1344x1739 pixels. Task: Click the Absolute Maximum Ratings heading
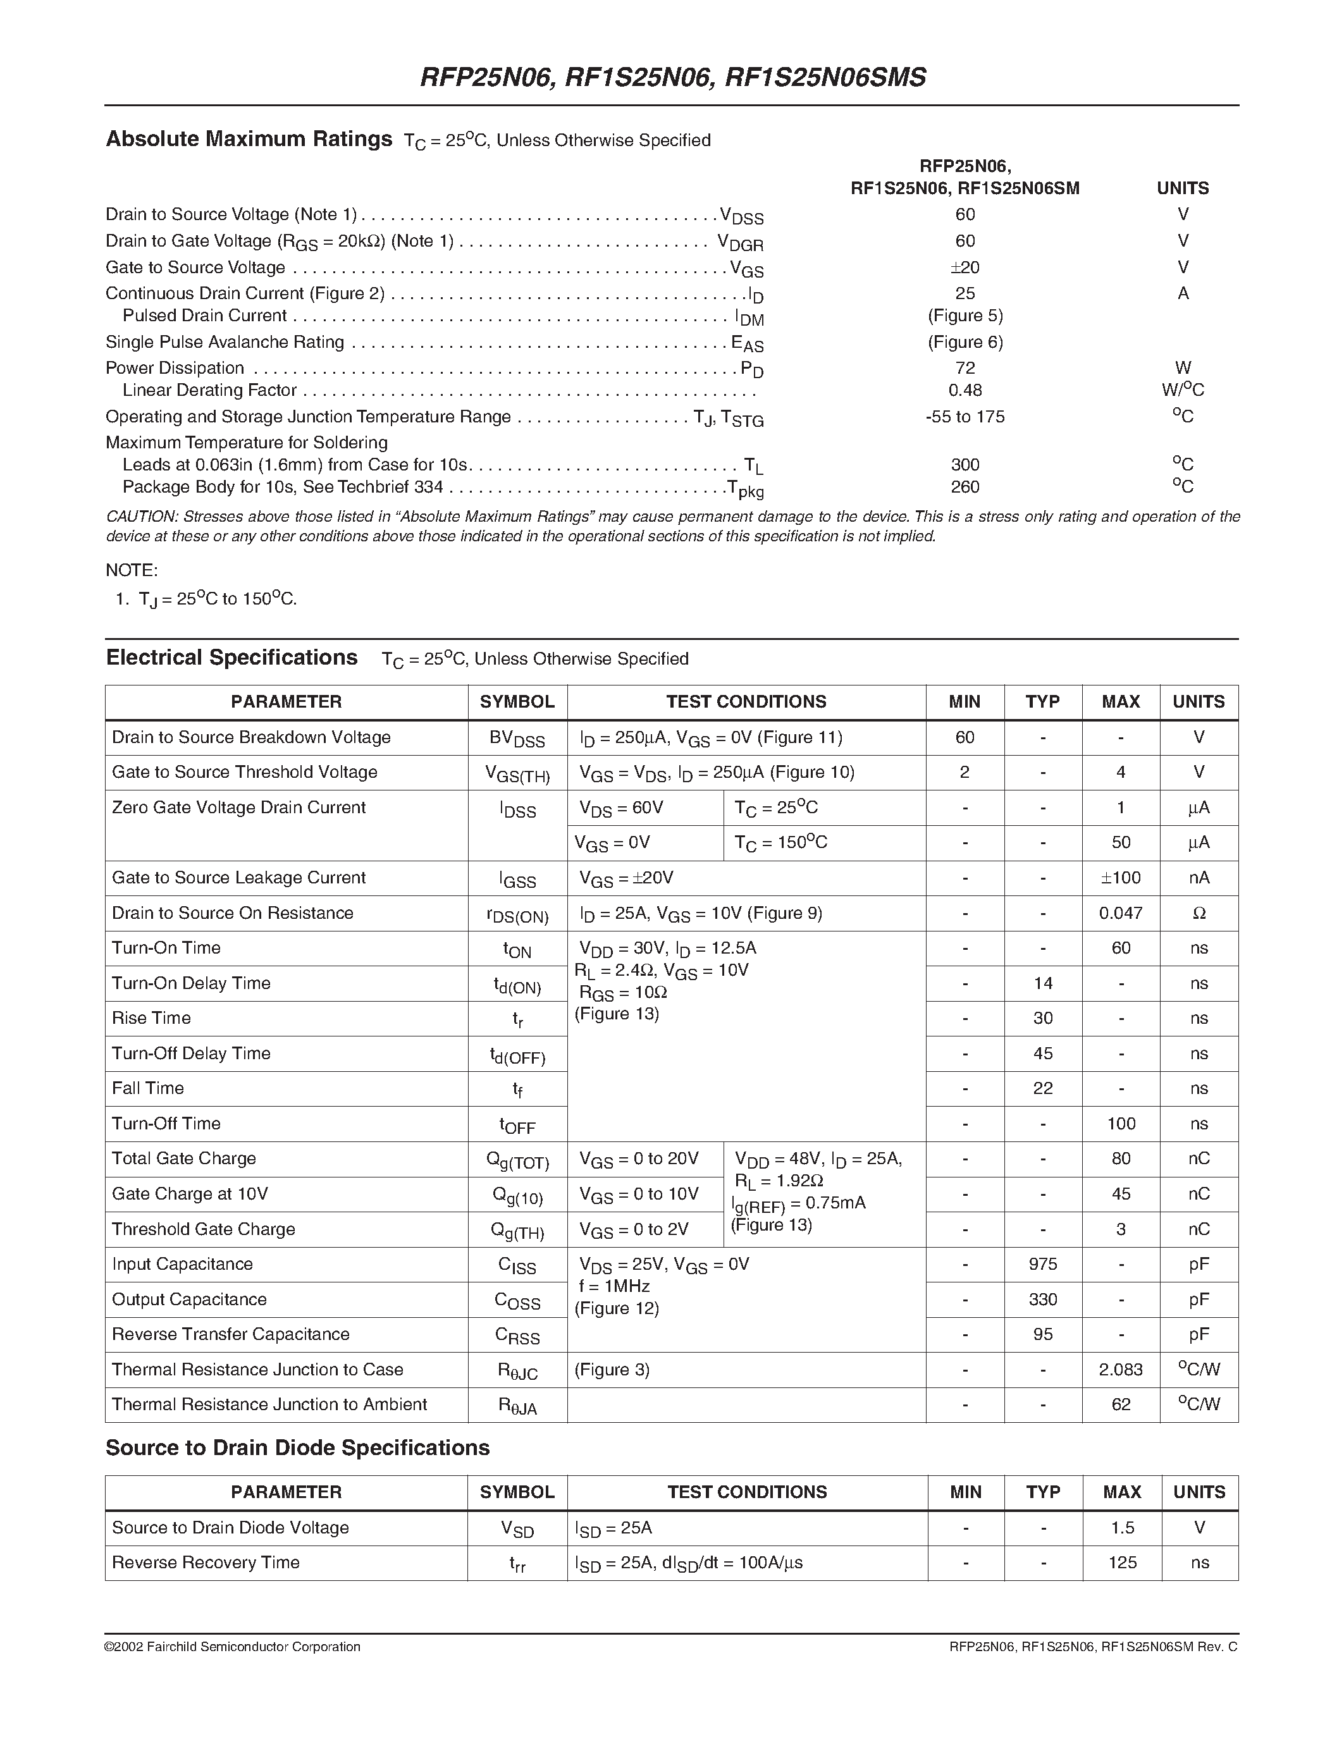click(249, 139)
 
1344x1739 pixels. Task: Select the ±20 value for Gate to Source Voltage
click(965, 267)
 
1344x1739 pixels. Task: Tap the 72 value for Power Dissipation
click(965, 368)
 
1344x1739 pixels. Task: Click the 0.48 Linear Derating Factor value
click(965, 390)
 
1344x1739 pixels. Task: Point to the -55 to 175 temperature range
click(965, 417)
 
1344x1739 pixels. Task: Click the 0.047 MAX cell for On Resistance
click(1120, 913)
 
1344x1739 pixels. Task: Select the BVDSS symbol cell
click(517, 738)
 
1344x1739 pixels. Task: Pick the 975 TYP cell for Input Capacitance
click(1042, 1265)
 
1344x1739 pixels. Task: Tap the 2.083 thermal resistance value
click(1120, 1370)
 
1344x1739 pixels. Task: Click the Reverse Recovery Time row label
click(206, 1562)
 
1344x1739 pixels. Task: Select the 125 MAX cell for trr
click(1122, 1562)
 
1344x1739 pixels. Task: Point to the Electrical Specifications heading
click(231, 658)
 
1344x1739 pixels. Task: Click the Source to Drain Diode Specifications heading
click(297, 1447)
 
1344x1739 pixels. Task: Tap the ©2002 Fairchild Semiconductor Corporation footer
click(233, 1647)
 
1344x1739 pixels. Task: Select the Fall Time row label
click(148, 1088)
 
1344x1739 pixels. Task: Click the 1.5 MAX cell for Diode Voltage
click(1122, 1527)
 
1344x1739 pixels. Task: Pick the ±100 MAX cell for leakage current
click(1120, 878)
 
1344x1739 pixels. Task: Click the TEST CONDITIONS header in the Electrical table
click(746, 701)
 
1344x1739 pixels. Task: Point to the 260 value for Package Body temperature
click(965, 486)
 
